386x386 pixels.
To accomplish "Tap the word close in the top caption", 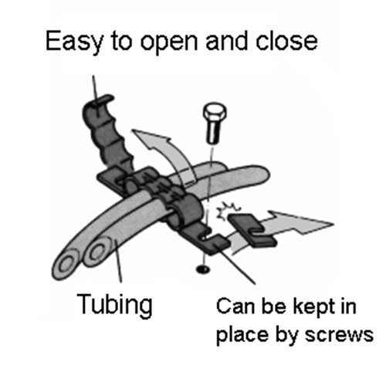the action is pyautogui.click(x=286, y=41).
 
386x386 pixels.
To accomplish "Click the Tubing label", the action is pyautogui.click(x=115, y=305).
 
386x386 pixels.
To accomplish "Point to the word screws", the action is pyautogui.click(x=339, y=335).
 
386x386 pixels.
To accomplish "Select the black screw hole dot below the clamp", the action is pyautogui.click(x=203, y=269).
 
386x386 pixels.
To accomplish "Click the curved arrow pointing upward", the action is pyautogui.click(x=164, y=154).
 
